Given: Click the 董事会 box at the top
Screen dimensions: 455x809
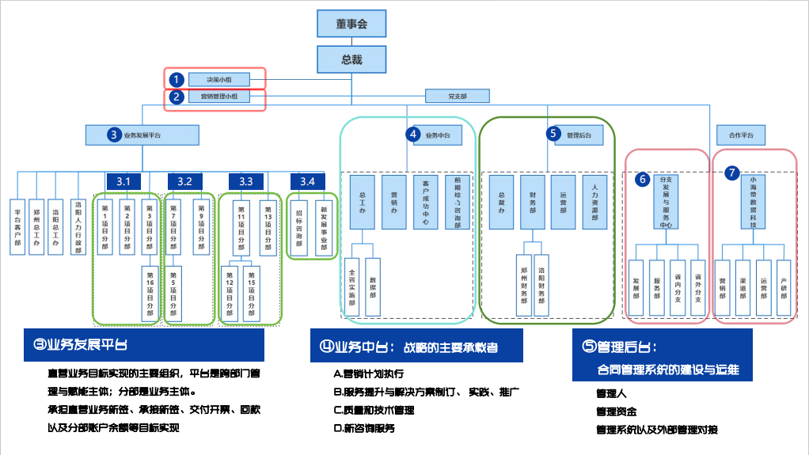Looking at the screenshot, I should click(351, 24).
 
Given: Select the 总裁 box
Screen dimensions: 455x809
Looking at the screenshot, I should click(351, 59).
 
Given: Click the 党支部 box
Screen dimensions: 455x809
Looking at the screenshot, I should click(457, 97).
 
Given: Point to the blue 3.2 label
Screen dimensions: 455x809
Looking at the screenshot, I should click(184, 181).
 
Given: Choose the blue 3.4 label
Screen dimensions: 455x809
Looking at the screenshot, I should click(307, 181).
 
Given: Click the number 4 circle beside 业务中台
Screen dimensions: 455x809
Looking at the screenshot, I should click(412, 135).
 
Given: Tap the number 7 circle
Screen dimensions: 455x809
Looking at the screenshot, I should click(732, 172).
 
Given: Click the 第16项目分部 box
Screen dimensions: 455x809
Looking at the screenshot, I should click(150, 292).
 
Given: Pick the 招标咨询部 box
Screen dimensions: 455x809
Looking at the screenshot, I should click(299, 226).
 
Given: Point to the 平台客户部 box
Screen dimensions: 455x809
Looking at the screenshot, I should click(17, 226).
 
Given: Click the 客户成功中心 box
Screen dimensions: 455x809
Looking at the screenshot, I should click(425, 203).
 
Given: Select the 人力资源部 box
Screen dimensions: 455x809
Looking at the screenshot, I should click(594, 203).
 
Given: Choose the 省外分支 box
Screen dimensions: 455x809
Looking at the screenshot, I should click(697, 283).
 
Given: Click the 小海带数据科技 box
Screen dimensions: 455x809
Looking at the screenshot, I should click(754, 203).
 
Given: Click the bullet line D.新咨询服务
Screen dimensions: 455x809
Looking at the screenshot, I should click(365, 428).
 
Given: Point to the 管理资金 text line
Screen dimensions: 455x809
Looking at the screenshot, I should click(617, 411).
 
